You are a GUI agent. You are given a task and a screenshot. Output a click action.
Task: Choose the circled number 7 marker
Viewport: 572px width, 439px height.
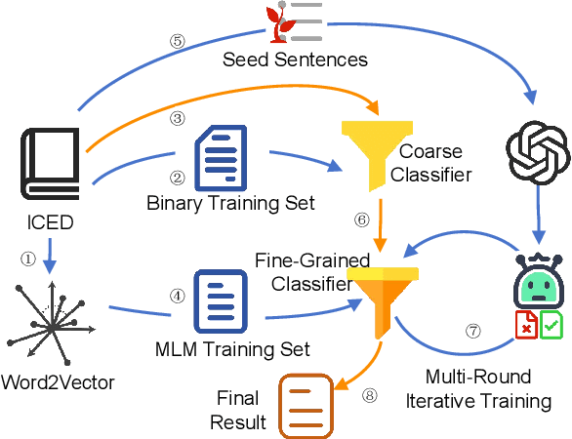473,331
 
